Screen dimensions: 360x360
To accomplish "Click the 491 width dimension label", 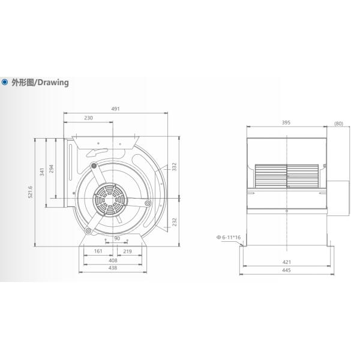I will click(116, 109).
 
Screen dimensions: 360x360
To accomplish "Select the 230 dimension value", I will click(88, 118).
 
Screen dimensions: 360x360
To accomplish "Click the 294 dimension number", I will click(52, 169).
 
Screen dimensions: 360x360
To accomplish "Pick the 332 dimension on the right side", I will click(174, 166).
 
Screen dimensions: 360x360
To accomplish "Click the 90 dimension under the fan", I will click(117, 238).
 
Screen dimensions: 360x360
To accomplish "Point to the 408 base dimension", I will click(112, 261).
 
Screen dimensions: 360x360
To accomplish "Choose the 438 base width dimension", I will click(112, 269).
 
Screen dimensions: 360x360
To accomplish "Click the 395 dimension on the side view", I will click(286, 123).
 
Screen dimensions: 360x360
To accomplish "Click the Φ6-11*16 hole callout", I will click(229, 238).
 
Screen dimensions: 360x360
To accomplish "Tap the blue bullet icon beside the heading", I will click(5, 83).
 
